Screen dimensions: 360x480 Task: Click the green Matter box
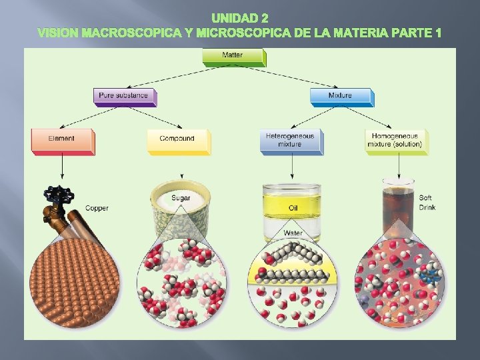click(x=233, y=56)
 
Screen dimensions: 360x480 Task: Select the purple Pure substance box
click(x=125, y=96)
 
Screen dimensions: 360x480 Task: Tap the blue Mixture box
click(x=340, y=96)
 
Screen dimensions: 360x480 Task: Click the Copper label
click(x=97, y=209)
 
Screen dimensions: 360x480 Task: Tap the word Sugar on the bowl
click(x=180, y=198)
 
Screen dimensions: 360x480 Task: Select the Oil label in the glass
click(x=293, y=207)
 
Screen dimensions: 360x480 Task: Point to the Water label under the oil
click(x=293, y=233)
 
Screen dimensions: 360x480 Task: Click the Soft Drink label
click(x=427, y=203)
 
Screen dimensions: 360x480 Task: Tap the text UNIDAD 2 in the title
click(x=240, y=18)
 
